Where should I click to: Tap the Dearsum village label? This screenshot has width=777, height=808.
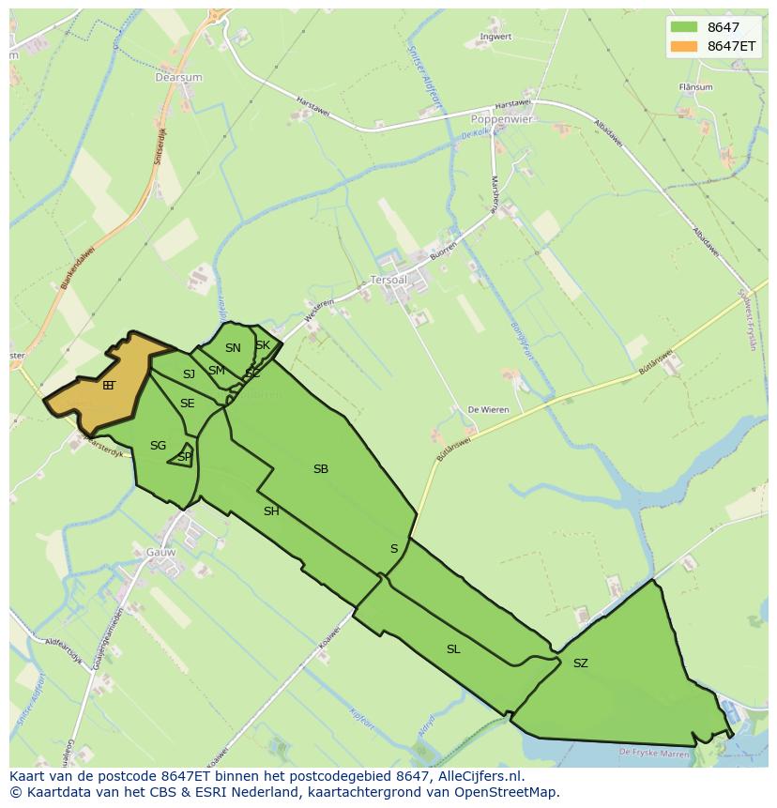[178, 78]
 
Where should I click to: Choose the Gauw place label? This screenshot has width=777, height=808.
[161, 553]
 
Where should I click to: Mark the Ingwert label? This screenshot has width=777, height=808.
[495, 38]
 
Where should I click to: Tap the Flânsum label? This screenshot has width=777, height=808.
[695, 87]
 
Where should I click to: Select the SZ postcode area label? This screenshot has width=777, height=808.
[581, 663]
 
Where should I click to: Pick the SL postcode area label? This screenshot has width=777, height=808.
[453, 649]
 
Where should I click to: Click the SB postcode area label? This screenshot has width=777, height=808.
[321, 469]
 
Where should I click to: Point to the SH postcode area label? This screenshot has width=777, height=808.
[271, 511]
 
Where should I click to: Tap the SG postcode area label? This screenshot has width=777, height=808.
[158, 446]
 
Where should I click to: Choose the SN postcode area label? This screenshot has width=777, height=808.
[233, 348]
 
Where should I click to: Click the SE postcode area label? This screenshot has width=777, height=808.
[188, 404]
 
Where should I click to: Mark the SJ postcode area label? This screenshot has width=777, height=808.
[189, 374]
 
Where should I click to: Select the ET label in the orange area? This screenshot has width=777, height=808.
[109, 385]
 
